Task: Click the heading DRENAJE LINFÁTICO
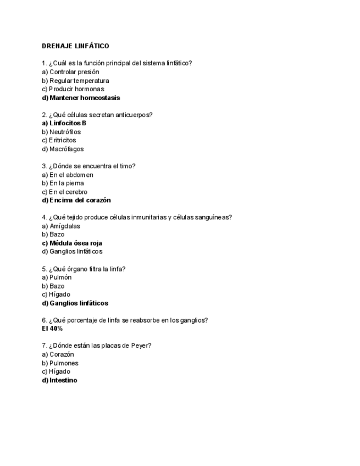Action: tap(75, 46)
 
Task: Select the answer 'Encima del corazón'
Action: tap(80, 201)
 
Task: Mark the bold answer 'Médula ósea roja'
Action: tap(75, 243)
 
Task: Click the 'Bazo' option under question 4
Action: tap(57, 234)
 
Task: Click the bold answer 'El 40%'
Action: tap(52, 329)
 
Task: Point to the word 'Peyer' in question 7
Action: tap(141, 346)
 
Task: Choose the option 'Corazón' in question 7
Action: tap(62, 354)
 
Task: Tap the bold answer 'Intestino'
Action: tap(63, 380)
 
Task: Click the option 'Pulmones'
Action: tap(64, 363)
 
